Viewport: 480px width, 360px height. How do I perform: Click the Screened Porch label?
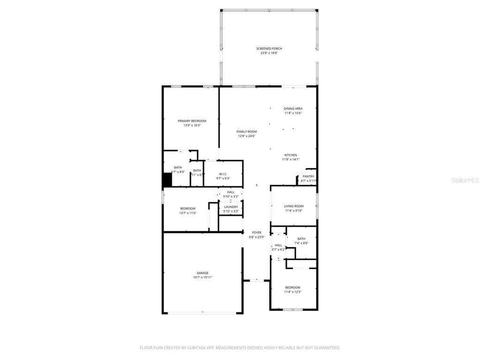coord(269,48)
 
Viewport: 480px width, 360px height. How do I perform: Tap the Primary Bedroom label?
coord(192,121)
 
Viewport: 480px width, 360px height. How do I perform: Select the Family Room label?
coord(246,132)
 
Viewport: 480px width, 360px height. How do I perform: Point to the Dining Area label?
coord(293,109)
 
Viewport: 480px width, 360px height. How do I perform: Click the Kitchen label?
coord(290,155)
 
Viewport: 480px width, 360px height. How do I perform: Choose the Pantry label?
coord(308,176)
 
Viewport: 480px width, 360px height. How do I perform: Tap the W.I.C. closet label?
coord(223,161)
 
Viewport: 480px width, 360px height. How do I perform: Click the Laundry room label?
coord(231,207)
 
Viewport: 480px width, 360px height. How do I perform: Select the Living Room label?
coord(293,206)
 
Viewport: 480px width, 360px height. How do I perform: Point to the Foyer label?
coord(256,232)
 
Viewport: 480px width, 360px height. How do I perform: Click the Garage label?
coord(202,273)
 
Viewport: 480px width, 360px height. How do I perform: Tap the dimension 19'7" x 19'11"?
coord(202,277)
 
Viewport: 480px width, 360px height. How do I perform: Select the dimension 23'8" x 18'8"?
coord(269,53)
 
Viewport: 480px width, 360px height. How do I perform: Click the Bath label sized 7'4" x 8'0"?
coord(301,239)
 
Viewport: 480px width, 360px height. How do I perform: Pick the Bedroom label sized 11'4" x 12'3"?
coord(292,287)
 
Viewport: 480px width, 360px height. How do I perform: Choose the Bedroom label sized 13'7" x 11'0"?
coord(187,209)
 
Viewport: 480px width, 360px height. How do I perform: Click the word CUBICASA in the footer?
coord(187,348)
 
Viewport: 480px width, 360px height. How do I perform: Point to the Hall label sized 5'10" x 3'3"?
coord(231,192)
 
